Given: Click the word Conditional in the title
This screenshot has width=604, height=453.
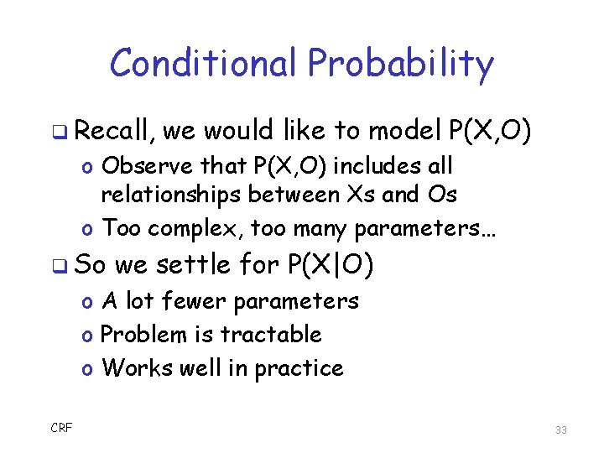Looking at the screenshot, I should pos(204,63).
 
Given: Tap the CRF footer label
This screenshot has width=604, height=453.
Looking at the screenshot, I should pos(61,428).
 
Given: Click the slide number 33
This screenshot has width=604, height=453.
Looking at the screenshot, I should pos(561,430).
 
